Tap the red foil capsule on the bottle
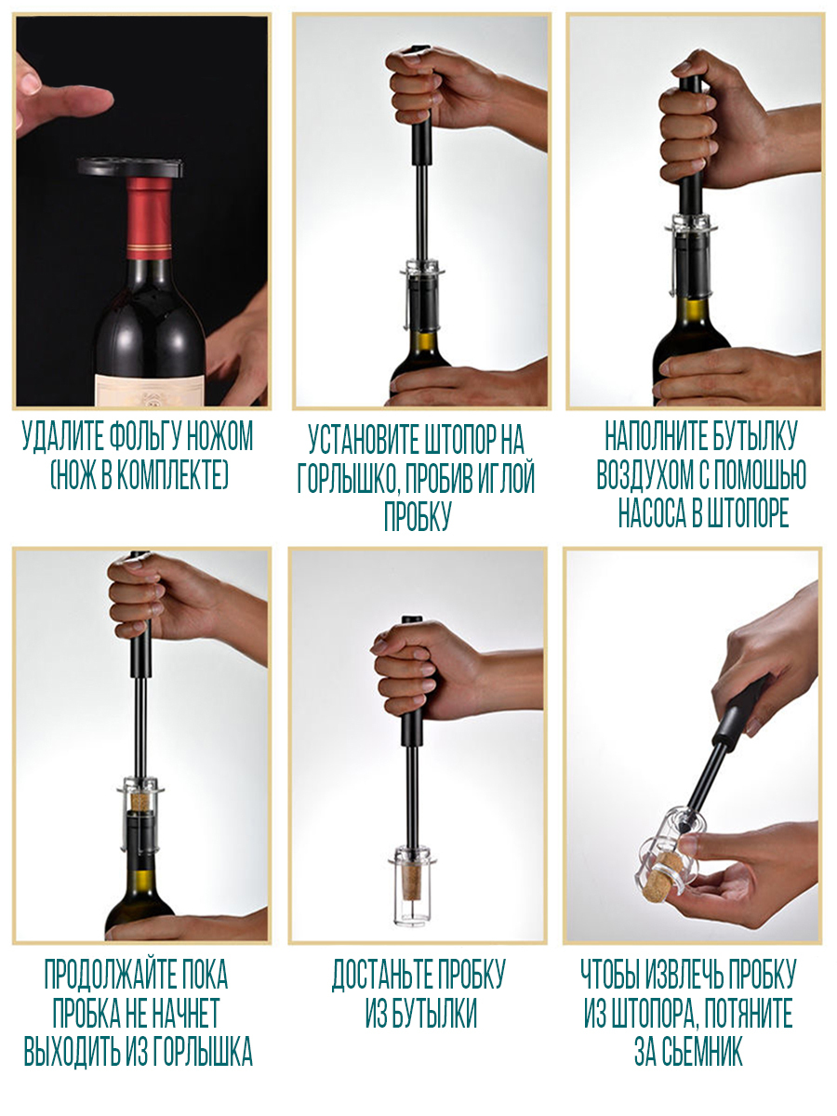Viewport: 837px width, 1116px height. (x=149, y=219)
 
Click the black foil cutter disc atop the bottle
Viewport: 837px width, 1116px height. (x=129, y=166)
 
